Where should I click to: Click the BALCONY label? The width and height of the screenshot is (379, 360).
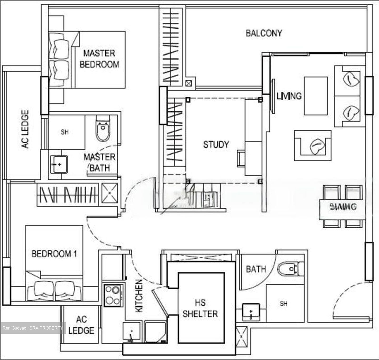[264, 33]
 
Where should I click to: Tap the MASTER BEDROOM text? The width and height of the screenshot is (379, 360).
[99, 59]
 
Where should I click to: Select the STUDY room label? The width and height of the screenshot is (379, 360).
[216, 144]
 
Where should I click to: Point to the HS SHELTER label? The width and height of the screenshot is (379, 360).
[200, 308]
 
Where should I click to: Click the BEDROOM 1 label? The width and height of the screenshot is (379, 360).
[54, 254]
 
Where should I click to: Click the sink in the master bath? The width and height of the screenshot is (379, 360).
[58, 164]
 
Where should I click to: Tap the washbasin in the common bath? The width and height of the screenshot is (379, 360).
[251, 312]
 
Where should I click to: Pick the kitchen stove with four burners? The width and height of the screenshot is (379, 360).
[113, 296]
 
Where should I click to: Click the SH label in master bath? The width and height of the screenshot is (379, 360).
[64, 132]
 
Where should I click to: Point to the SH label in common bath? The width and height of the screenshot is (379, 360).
[283, 304]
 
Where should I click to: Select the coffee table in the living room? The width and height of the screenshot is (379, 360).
[316, 96]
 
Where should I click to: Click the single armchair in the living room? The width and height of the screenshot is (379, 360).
[313, 145]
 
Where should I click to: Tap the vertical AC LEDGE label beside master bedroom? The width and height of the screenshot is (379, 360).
[25, 129]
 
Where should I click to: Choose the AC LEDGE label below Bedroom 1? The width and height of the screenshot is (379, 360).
[81, 325]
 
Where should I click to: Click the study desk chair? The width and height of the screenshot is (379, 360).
[241, 158]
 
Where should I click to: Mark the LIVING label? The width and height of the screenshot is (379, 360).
[289, 96]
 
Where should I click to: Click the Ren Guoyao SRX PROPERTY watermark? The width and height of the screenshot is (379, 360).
[33, 328]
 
